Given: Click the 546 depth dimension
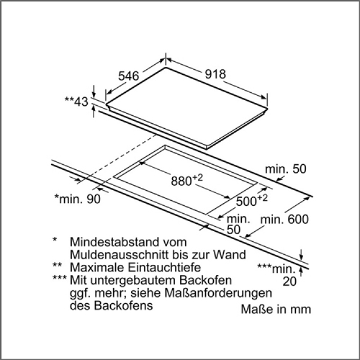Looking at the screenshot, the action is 129,76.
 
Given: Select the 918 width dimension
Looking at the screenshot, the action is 215,74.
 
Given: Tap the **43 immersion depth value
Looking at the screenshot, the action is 76,101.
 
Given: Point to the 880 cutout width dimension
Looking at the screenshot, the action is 187,180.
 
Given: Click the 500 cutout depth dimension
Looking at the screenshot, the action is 252,200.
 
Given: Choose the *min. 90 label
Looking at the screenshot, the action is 78,199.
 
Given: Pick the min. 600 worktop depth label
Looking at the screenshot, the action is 285,219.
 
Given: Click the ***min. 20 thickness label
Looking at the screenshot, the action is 277,275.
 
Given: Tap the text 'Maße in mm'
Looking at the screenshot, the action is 276,309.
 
